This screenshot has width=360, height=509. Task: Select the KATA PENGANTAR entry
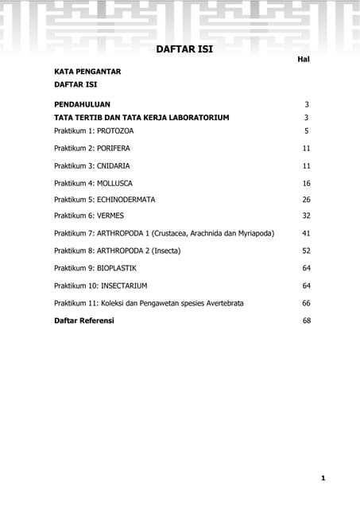coord(87,72)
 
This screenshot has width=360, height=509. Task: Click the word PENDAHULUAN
coord(82,104)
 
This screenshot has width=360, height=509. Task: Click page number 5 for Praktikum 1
coord(306,130)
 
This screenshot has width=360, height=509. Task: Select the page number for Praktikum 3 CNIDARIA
coord(306,165)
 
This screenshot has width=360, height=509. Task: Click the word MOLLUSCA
coord(114,183)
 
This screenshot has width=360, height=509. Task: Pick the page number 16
coord(306,183)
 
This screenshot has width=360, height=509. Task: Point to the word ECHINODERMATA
coord(126,200)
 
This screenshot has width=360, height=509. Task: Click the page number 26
coord(306,200)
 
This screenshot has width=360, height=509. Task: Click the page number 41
coord(306,234)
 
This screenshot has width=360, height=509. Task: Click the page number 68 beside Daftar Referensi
coord(306,321)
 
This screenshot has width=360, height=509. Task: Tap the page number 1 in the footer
coord(323,478)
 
